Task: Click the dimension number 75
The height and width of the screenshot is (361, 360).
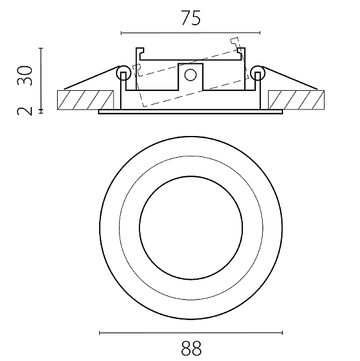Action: pyautogui.click(x=191, y=18)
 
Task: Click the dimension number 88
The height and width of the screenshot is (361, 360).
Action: pyautogui.click(x=191, y=348)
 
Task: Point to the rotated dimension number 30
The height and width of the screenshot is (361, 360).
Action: pyautogui.click(x=25, y=76)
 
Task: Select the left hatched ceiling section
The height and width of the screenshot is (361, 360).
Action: pyautogui.click(x=85, y=100)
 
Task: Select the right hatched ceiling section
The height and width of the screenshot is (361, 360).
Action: pyautogui.click(x=296, y=100)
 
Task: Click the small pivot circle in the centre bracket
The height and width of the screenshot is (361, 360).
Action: pyautogui.click(x=191, y=75)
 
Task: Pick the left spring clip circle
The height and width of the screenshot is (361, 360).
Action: pyautogui.click(x=124, y=73)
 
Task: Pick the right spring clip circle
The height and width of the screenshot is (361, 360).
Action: pyautogui.click(x=258, y=73)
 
